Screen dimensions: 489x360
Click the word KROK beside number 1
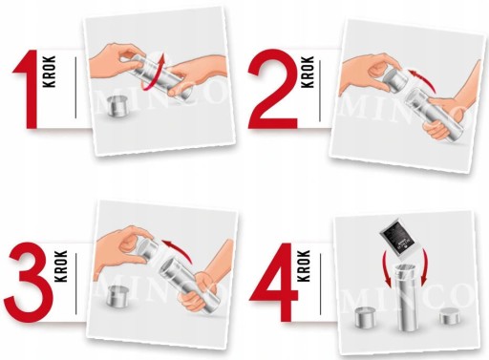tap(50, 72)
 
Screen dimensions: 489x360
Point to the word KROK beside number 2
tap(308, 72)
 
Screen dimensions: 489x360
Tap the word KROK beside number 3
tap(61, 265)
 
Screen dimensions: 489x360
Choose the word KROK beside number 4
tap(304, 265)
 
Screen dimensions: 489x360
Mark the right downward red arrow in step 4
tap(424, 266)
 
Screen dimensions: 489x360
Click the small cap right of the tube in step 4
tap(450, 316)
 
